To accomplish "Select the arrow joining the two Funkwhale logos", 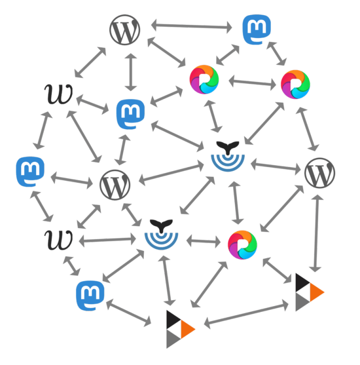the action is pyautogui.click(x=197, y=195).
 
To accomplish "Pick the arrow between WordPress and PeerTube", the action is pyautogui.click(x=316, y=233).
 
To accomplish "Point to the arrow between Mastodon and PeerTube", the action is pyautogui.click(x=129, y=312).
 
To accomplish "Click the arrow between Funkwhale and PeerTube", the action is pyautogui.click(x=167, y=280).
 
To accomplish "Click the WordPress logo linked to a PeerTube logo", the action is pyautogui.click(x=320, y=173).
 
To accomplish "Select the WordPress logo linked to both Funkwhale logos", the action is pyautogui.click(x=115, y=185).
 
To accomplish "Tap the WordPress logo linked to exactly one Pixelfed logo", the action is pyautogui.click(x=125, y=29).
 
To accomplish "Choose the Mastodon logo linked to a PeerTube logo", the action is pyautogui.click(x=90, y=296).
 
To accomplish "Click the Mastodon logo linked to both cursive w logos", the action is pyautogui.click(x=30, y=172).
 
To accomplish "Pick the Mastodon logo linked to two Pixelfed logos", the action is pyautogui.click(x=257, y=29).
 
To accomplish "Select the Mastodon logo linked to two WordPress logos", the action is pyautogui.click(x=131, y=114).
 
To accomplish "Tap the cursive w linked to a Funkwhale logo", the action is pyautogui.click(x=59, y=240).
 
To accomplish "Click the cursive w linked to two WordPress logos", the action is pyautogui.click(x=59, y=94).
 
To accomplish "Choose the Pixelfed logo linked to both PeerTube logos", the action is pyautogui.click(x=242, y=245).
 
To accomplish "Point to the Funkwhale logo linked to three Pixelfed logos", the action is pyautogui.click(x=228, y=156).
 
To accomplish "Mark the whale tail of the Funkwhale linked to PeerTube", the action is pyautogui.click(x=161, y=225).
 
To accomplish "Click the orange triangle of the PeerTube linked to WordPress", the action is pyautogui.click(x=316, y=292).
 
